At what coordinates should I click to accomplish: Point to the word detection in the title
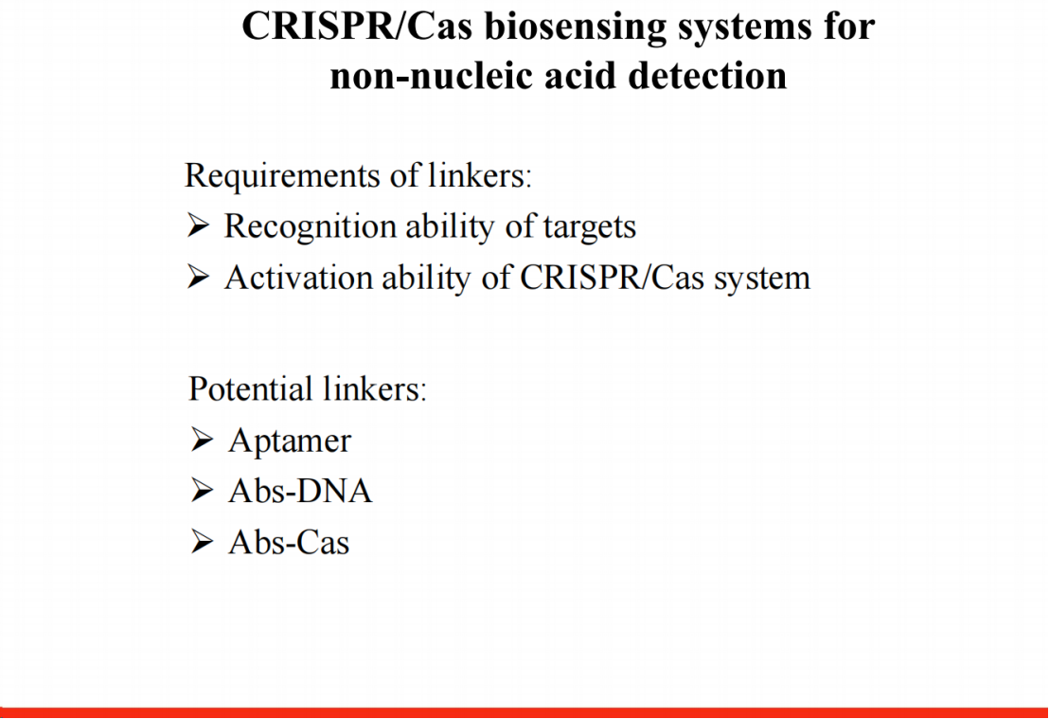pos(708,75)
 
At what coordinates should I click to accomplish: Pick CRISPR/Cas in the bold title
pos(357,27)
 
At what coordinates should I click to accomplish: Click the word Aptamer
pos(290,441)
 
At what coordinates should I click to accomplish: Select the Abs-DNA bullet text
pos(300,492)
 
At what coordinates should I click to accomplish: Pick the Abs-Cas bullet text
pos(289,542)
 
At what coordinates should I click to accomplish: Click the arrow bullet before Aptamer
pos(202,440)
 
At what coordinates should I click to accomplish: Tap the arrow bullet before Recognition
pos(198,225)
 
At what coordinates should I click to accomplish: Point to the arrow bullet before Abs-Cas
pos(202,542)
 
